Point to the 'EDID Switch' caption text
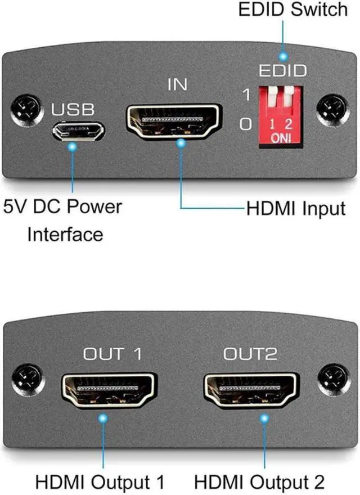click(293, 11)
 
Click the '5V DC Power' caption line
click(62, 206)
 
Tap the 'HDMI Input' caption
click(295, 209)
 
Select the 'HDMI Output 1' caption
click(100, 482)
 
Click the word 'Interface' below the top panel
click(65, 233)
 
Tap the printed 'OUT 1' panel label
click(112, 354)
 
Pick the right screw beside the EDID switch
click(332, 110)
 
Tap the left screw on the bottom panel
click(26, 376)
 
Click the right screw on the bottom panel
click(334, 376)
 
